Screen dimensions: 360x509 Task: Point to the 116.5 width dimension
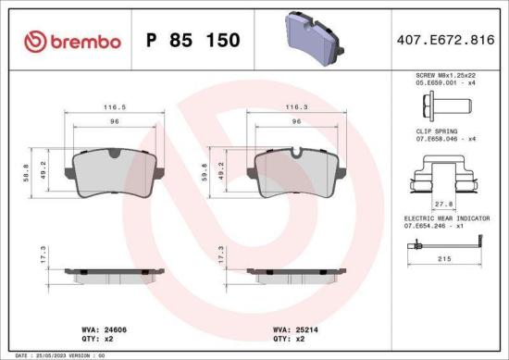pos(116,107)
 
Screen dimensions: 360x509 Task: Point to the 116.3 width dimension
pos(296,107)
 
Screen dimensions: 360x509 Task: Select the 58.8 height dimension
pos(24,171)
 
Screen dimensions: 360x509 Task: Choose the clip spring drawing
pos(442,175)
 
